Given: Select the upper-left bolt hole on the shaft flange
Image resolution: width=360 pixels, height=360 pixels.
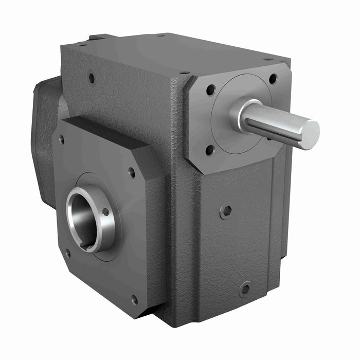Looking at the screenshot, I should click(210, 89).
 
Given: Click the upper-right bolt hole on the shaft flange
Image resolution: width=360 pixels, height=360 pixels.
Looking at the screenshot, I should click(273, 79).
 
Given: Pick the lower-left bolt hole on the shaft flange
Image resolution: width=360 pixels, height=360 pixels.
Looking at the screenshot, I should click(210, 150).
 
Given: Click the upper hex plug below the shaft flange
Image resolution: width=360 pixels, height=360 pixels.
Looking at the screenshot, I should click(226, 211).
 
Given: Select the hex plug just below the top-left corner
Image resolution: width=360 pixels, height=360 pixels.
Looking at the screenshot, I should click(92, 78).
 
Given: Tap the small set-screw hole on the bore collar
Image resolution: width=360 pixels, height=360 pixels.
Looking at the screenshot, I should click(105, 211).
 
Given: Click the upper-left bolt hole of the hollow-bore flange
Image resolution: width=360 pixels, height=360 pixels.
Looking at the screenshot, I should click(61, 139).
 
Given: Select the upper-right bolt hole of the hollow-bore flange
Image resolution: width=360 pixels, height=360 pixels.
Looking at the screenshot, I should click(132, 173).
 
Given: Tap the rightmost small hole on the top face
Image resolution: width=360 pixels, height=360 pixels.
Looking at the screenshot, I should click(268, 59).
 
